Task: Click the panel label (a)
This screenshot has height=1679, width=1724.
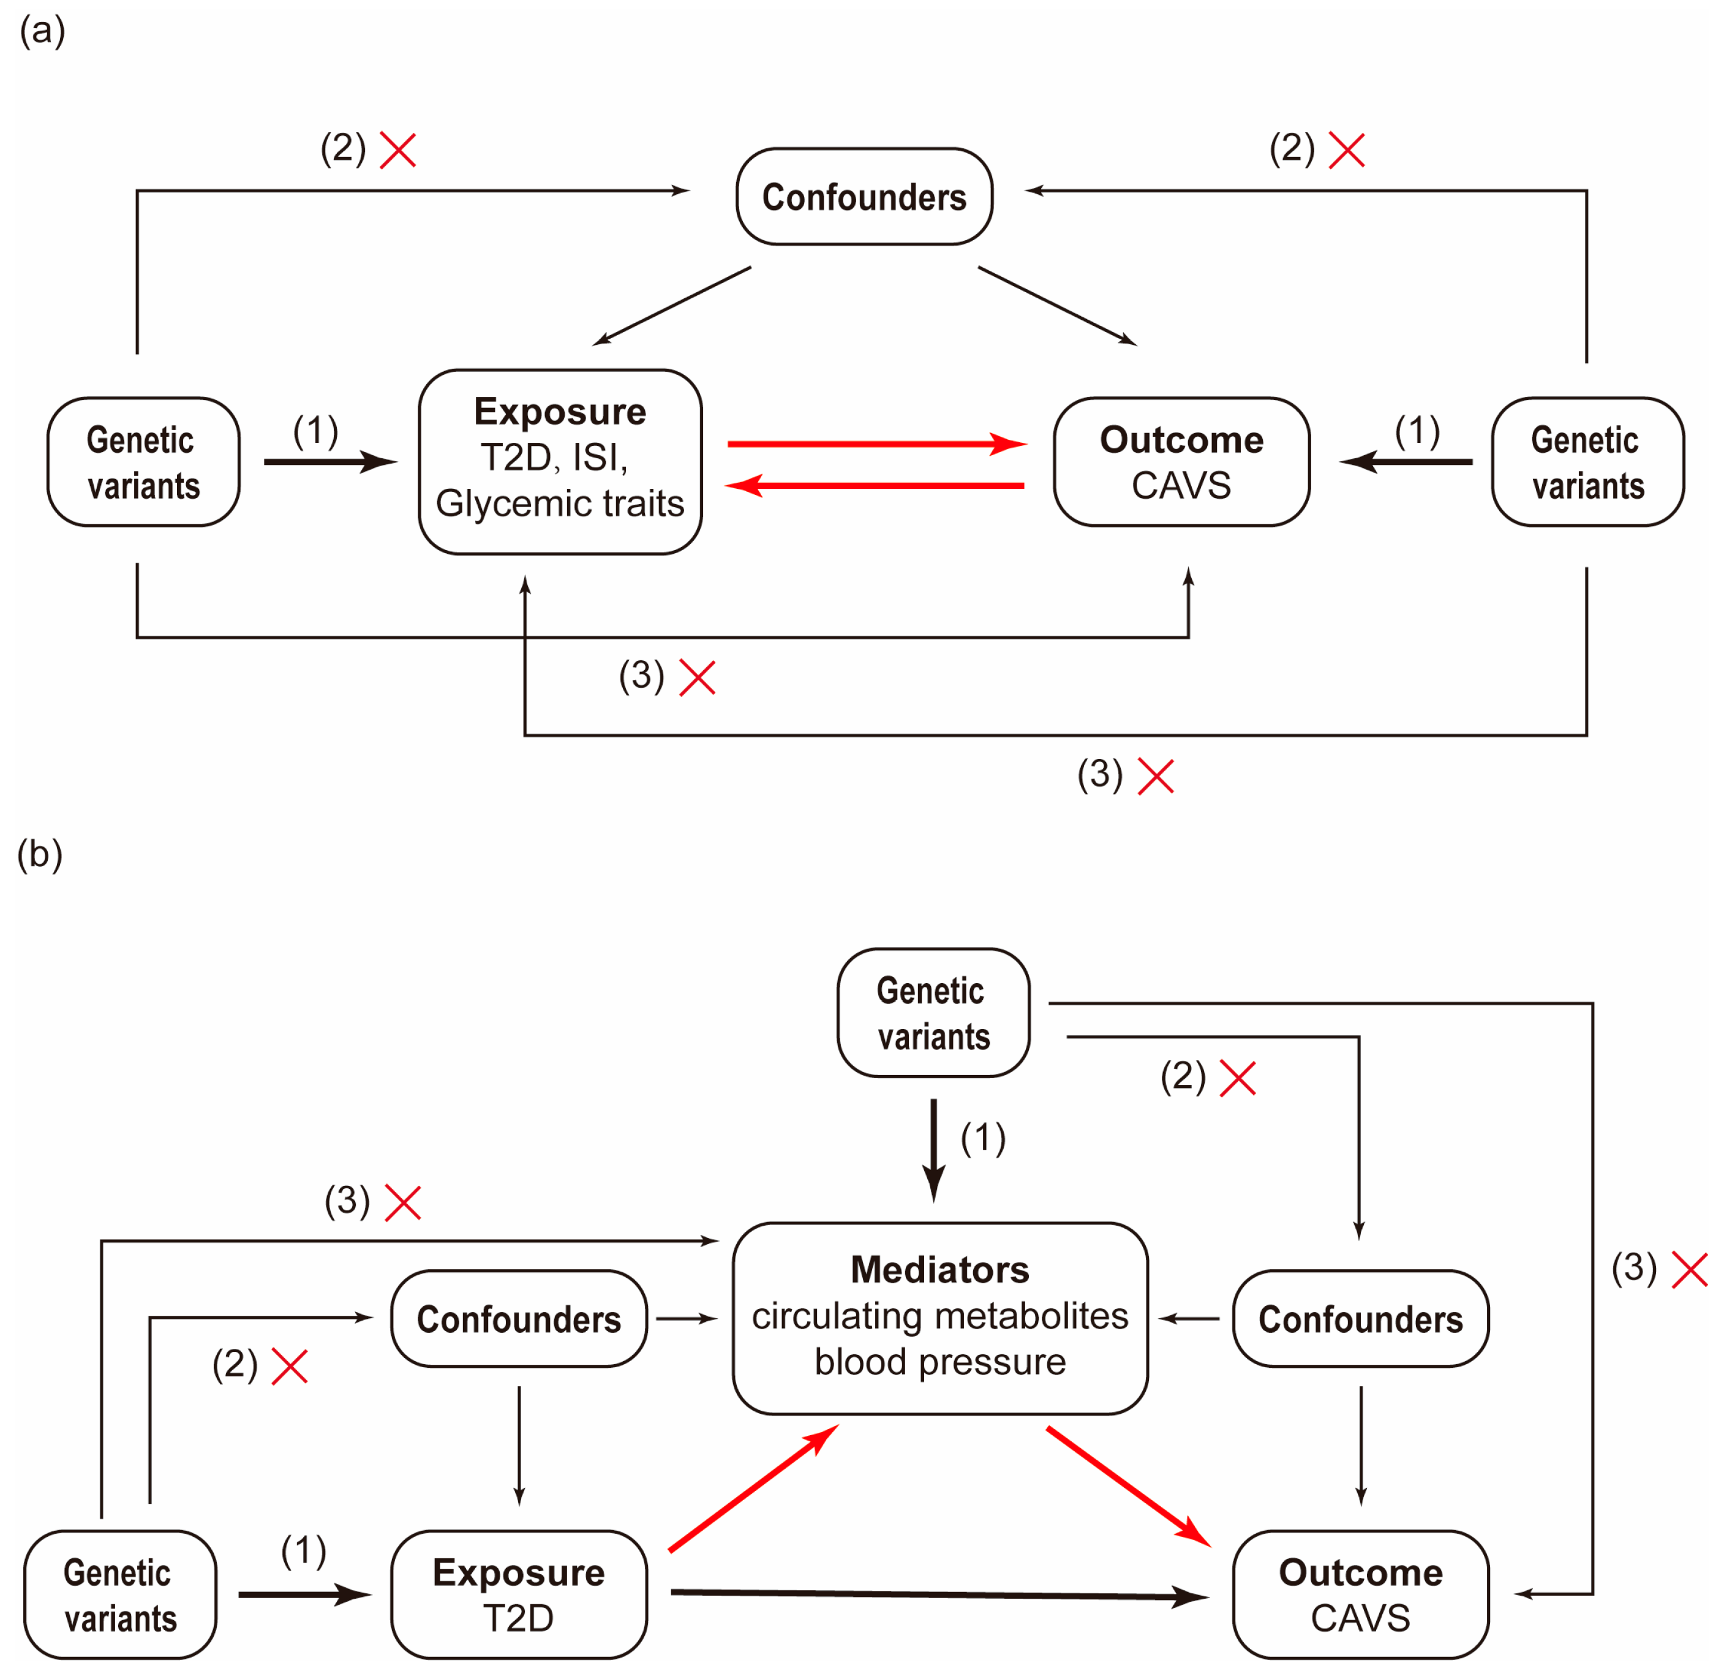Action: point(42,31)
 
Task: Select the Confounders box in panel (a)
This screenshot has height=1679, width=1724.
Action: point(864,197)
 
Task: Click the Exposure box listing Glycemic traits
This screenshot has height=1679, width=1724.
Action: point(559,461)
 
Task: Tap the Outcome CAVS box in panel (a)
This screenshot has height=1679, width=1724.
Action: point(1180,461)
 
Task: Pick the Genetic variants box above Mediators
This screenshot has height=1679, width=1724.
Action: point(933,1013)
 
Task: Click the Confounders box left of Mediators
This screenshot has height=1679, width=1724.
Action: point(519,1318)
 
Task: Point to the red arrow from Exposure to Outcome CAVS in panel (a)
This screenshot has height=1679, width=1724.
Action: point(873,443)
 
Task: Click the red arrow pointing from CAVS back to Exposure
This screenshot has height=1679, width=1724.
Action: point(873,485)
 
